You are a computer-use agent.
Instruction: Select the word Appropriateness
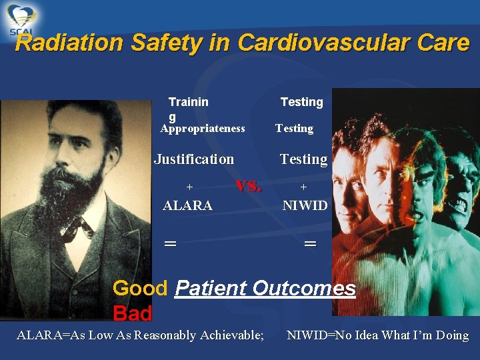pos(203,129)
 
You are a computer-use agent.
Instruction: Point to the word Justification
pos(194,159)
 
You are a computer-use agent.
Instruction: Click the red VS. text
pos(249,186)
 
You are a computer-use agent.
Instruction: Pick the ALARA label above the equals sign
pos(187,206)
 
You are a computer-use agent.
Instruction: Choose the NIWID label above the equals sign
pos(305,206)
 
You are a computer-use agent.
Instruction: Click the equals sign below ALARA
pos(171,244)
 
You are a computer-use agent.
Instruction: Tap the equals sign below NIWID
pos(310,244)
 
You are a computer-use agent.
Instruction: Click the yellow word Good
pos(140,289)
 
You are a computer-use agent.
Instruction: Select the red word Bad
pos(132,313)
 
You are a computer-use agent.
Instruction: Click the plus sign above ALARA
pos(189,188)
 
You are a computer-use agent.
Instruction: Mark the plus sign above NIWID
pos(303,188)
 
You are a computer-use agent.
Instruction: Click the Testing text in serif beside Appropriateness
pos(294,129)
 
